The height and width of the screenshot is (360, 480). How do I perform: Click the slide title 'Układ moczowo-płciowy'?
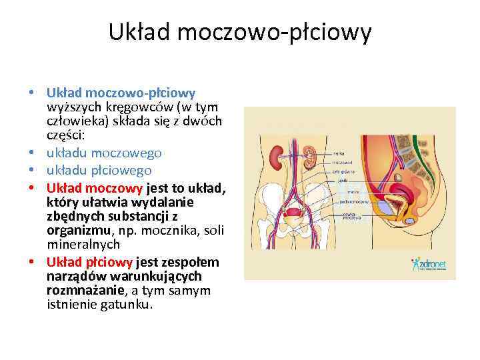[240, 32]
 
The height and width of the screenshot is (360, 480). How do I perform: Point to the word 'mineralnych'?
[83, 244]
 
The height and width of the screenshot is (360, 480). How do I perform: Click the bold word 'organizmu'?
[75, 231]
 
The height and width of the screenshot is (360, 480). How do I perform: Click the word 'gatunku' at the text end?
[129, 305]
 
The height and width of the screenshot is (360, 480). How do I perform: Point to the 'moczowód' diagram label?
[341, 162]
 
